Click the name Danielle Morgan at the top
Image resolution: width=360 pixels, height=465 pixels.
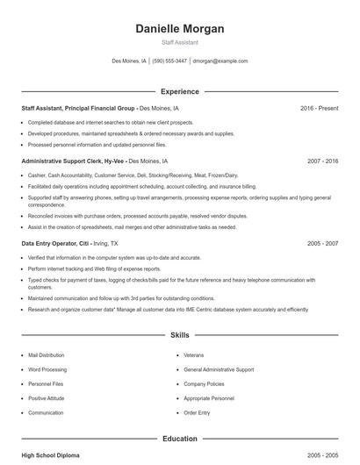[x=180, y=29]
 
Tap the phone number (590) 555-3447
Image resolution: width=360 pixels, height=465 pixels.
[x=169, y=61]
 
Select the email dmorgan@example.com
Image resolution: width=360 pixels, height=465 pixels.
[x=220, y=61]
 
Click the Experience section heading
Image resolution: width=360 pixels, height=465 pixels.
[x=180, y=91]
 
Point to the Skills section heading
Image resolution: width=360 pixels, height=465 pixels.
[x=180, y=335]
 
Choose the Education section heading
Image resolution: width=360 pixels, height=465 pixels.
[x=180, y=438]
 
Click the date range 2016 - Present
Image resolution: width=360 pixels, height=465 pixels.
[x=319, y=108]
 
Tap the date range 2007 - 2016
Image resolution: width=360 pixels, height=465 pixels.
[x=322, y=161]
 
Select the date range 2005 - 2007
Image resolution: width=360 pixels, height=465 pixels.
[x=322, y=242]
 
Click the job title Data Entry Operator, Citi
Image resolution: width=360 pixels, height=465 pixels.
[x=54, y=242]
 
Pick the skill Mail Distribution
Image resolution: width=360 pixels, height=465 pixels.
[x=47, y=355]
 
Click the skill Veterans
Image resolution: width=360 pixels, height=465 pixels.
[x=194, y=355]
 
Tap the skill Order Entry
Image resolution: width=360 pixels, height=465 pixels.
[x=197, y=412]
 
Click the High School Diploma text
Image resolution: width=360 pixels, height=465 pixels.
[x=51, y=455]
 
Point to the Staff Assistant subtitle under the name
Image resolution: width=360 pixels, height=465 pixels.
[x=180, y=42]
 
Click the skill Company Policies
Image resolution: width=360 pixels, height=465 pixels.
[x=204, y=383]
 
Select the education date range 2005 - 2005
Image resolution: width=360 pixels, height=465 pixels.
[x=322, y=455]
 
